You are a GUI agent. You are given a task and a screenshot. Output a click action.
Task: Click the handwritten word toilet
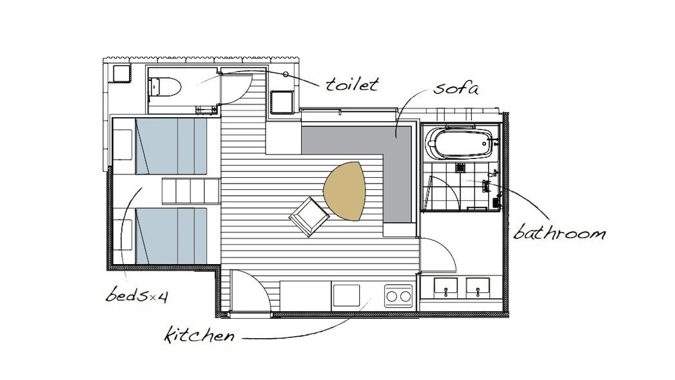tap(352, 84)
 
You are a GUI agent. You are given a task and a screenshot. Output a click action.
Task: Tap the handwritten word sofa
tap(456, 88)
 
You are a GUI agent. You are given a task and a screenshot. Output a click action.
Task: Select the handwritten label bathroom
tap(560, 232)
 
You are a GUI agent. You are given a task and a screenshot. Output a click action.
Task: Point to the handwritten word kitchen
tap(199, 334)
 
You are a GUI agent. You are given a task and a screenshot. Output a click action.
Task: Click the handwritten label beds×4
tap(136, 295)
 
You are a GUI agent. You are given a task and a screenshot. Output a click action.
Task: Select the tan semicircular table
tap(344, 191)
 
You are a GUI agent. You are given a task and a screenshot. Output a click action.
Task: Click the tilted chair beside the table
tap(307, 217)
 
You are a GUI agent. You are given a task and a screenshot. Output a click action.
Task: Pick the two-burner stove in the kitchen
tap(398, 296)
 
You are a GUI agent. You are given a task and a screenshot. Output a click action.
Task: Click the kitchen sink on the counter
tap(346, 295)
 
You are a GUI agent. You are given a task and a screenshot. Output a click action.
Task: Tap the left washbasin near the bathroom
tap(446, 288)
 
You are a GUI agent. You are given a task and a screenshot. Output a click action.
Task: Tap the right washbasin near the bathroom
tap(478, 288)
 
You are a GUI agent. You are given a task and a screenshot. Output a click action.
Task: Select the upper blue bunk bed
tap(171, 147)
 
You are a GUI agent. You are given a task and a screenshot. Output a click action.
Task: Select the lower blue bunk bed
tap(171, 236)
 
